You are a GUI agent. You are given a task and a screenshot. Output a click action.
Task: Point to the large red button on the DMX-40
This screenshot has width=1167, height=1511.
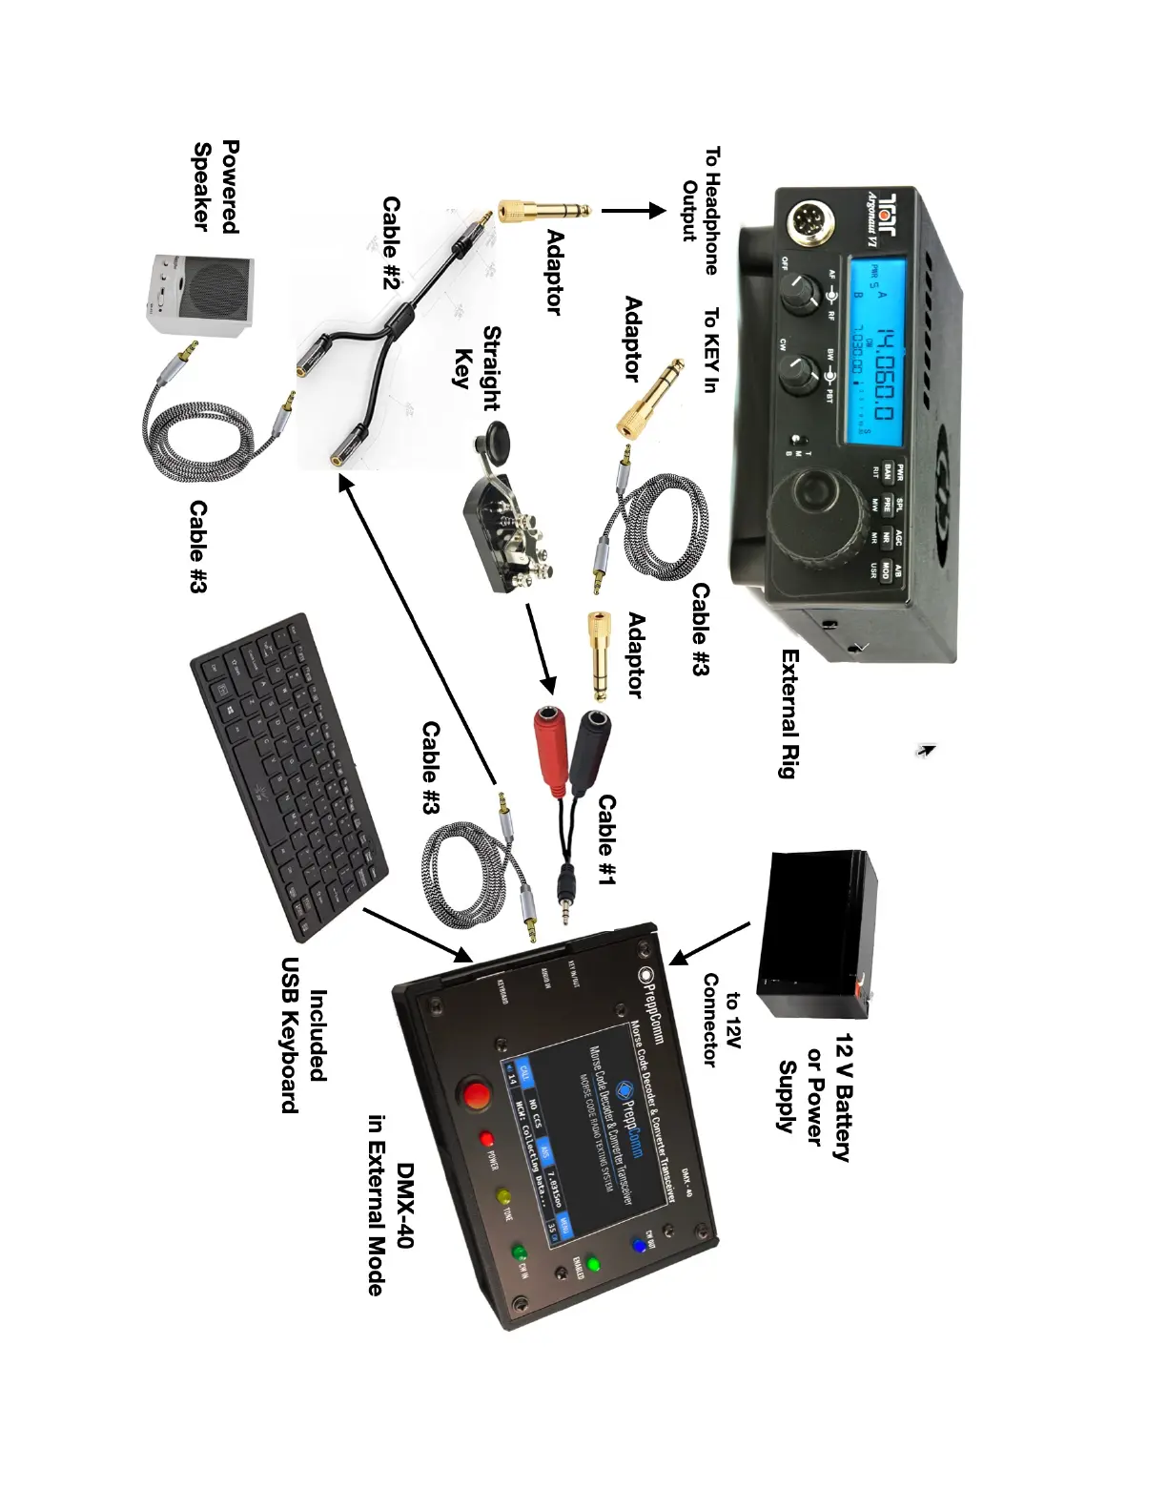(x=474, y=1093)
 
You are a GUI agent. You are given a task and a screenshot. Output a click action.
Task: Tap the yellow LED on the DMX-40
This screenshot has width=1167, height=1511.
(x=503, y=1197)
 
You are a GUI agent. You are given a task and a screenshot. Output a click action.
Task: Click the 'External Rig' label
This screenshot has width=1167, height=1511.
(x=788, y=714)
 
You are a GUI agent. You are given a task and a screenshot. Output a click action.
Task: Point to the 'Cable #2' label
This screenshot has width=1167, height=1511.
(x=392, y=243)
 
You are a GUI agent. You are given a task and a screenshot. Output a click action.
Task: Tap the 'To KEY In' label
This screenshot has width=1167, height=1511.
(x=710, y=350)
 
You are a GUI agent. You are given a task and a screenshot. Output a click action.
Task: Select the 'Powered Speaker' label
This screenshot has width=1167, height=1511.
(x=216, y=186)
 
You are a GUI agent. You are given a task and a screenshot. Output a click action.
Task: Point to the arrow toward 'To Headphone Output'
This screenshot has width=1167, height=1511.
(x=631, y=211)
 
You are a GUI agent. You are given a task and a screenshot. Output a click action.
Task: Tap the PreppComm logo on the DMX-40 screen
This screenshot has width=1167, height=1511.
(x=625, y=1090)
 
